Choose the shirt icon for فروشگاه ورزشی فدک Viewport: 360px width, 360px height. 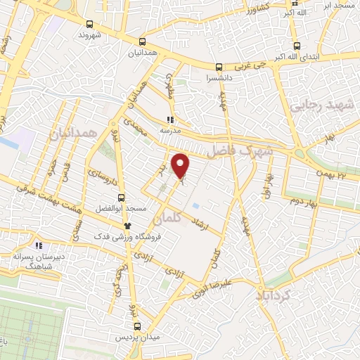(127, 225)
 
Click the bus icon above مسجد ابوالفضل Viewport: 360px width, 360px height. (122, 198)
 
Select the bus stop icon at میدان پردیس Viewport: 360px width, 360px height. (138, 326)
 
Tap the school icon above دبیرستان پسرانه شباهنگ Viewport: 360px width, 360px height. (39, 246)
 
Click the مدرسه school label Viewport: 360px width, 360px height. (169, 130)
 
